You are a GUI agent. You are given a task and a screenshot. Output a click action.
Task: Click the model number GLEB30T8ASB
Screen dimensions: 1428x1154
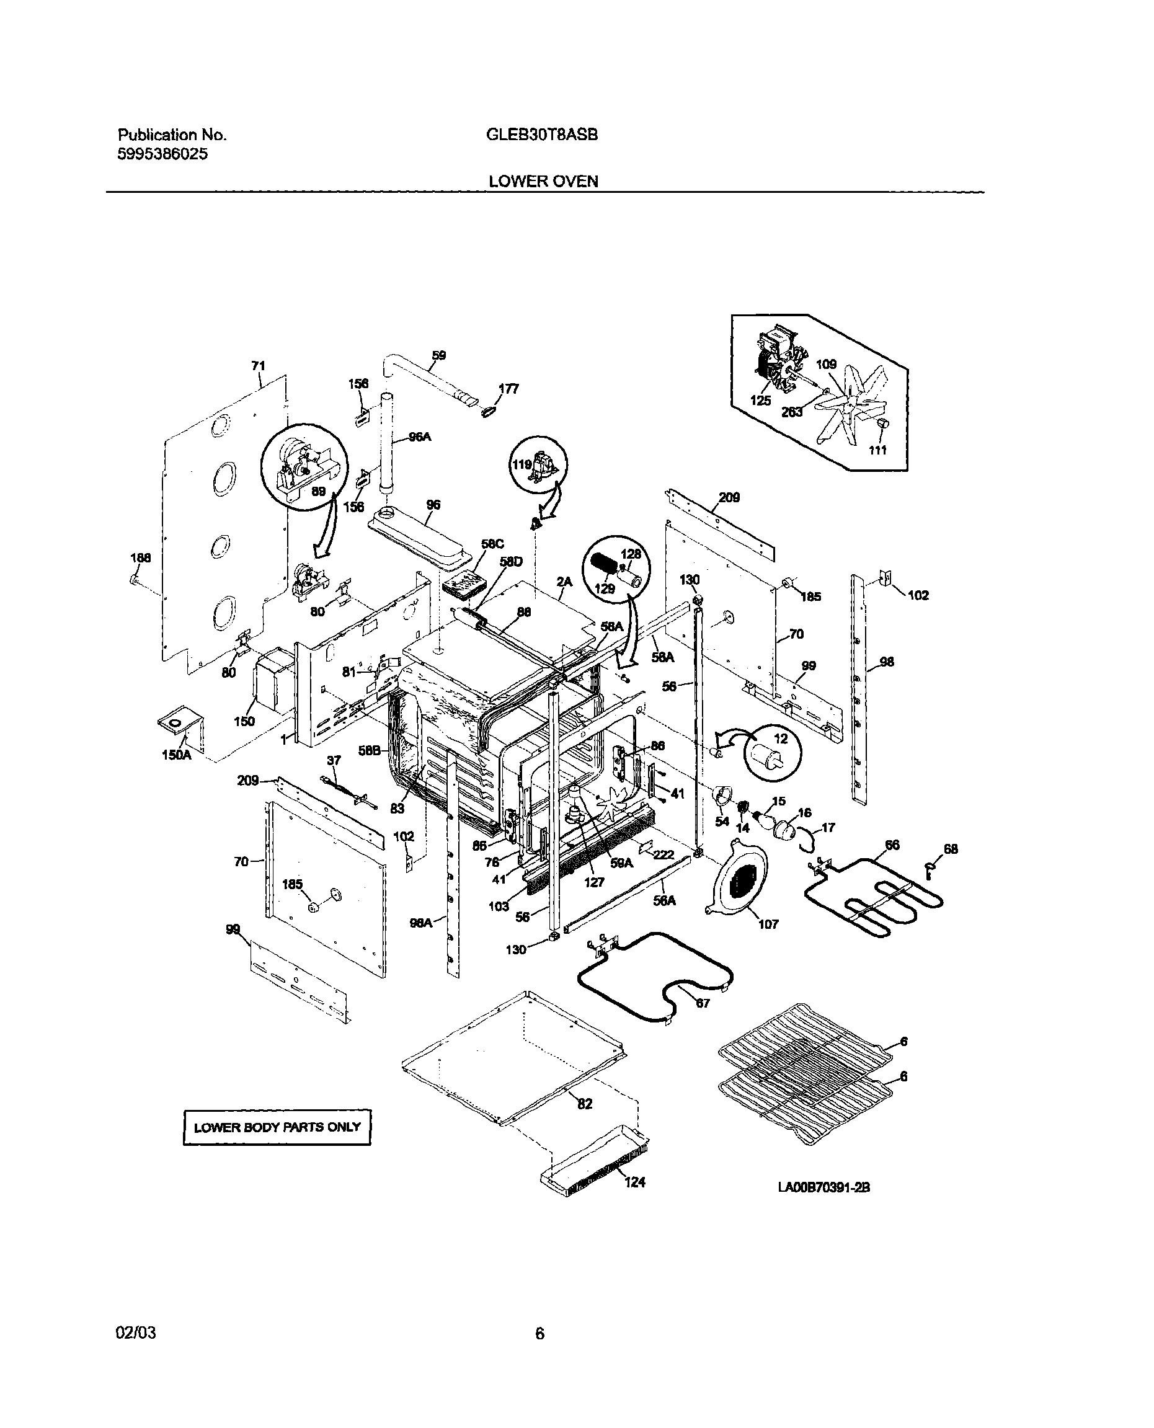542,135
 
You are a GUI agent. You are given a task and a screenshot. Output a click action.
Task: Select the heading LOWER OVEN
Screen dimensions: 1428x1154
543,182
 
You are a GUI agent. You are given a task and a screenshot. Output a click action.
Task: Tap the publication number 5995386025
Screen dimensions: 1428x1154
163,154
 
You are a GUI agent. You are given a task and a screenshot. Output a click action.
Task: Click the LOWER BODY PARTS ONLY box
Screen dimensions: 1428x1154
277,1127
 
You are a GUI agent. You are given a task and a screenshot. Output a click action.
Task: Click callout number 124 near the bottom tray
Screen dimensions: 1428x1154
635,1182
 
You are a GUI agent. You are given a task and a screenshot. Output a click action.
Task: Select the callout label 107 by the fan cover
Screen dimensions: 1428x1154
768,924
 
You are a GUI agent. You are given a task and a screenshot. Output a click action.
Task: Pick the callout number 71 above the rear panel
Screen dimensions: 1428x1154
258,366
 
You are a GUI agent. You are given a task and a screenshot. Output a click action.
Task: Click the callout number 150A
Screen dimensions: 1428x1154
176,755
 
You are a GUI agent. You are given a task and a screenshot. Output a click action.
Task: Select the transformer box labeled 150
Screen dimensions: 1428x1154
273,681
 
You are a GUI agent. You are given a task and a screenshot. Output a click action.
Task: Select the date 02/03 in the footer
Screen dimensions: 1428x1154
136,1333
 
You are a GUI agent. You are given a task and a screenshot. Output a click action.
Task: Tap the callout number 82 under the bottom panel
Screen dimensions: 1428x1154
584,1104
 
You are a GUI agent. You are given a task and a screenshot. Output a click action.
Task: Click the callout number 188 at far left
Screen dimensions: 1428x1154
140,558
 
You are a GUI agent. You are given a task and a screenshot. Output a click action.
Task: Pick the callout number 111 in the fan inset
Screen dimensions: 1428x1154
878,450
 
